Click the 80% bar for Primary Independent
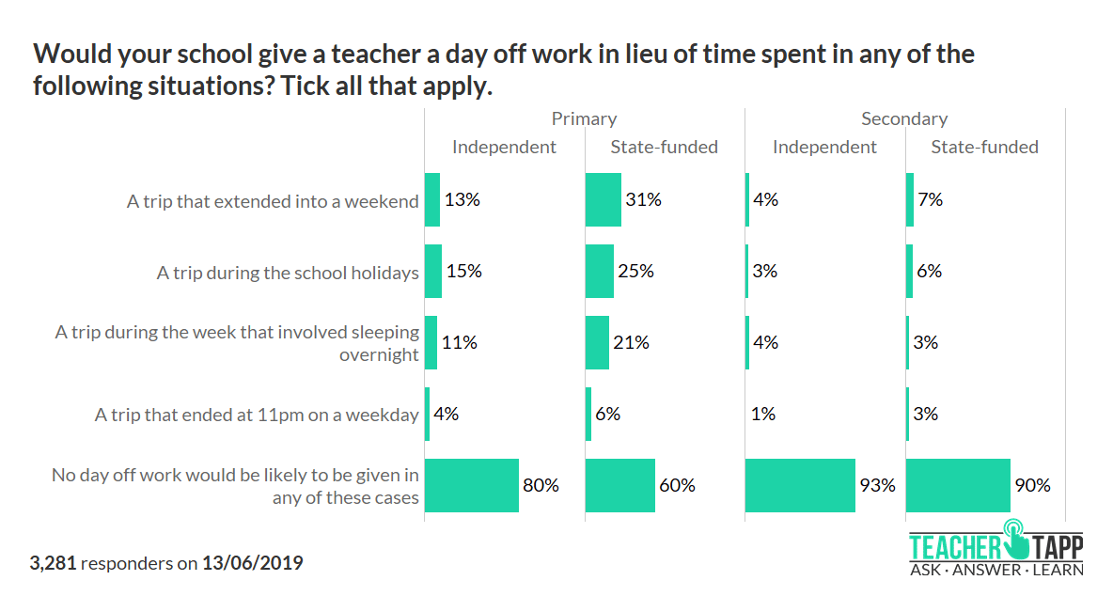point(471,485)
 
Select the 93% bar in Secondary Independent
point(800,485)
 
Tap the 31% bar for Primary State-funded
point(603,199)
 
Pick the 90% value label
point(1032,485)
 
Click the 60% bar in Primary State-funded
point(619,485)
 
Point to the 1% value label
point(765,414)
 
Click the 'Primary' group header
point(584,118)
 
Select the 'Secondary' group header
point(904,118)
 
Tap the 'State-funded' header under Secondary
point(984,147)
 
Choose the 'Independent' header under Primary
point(504,147)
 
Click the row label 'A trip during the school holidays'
point(288,273)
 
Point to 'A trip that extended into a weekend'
point(273,201)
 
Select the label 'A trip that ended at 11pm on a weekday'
point(257,415)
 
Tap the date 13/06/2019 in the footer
point(253,563)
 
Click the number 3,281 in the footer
point(55,563)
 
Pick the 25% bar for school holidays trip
point(599,271)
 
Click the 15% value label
point(464,271)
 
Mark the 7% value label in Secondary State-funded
point(931,199)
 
